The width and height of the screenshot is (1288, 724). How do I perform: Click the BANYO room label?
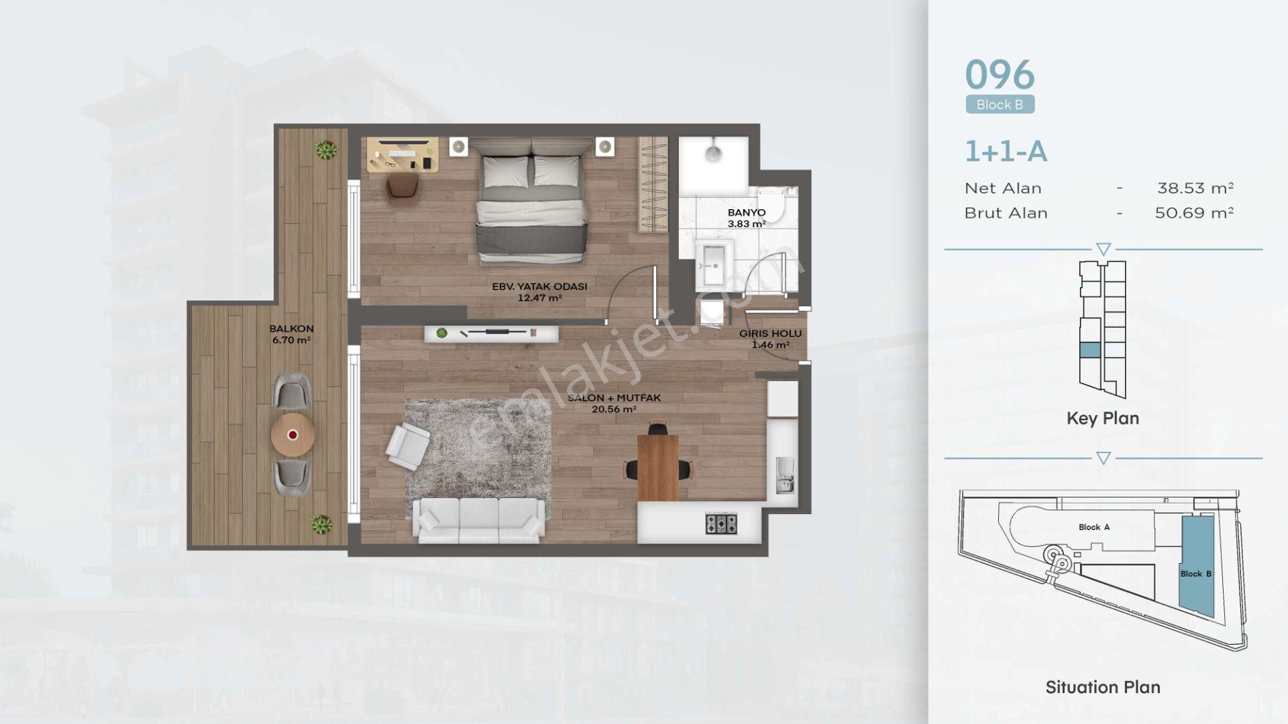pos(746,213)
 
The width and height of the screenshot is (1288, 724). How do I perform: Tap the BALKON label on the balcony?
pos(291,328)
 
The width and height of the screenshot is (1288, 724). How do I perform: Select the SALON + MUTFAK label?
pos(614,398)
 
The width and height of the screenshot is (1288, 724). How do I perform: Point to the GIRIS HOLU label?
pos(770,333)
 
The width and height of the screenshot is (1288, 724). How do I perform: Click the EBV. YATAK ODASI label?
pos(539,286)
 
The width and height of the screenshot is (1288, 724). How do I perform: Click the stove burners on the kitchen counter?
pos(721,523)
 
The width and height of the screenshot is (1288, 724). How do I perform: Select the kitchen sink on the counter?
pos(784,475)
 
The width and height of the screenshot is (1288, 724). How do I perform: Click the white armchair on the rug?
pos(408,443)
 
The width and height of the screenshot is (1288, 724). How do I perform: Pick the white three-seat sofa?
pos(478,520)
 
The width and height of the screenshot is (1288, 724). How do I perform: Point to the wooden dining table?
pos(658,467)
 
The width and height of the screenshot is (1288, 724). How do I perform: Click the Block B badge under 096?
pos(1000,105)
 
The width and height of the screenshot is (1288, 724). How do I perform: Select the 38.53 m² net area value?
pos(1195,188)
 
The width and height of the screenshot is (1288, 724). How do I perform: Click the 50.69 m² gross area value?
pos(1194,213)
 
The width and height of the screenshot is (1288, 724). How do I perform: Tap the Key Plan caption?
pos(1103,418)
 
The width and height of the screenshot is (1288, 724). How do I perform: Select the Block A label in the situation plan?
pos(1093,527)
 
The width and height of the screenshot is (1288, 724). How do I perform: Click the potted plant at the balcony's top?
pos(326,149)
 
